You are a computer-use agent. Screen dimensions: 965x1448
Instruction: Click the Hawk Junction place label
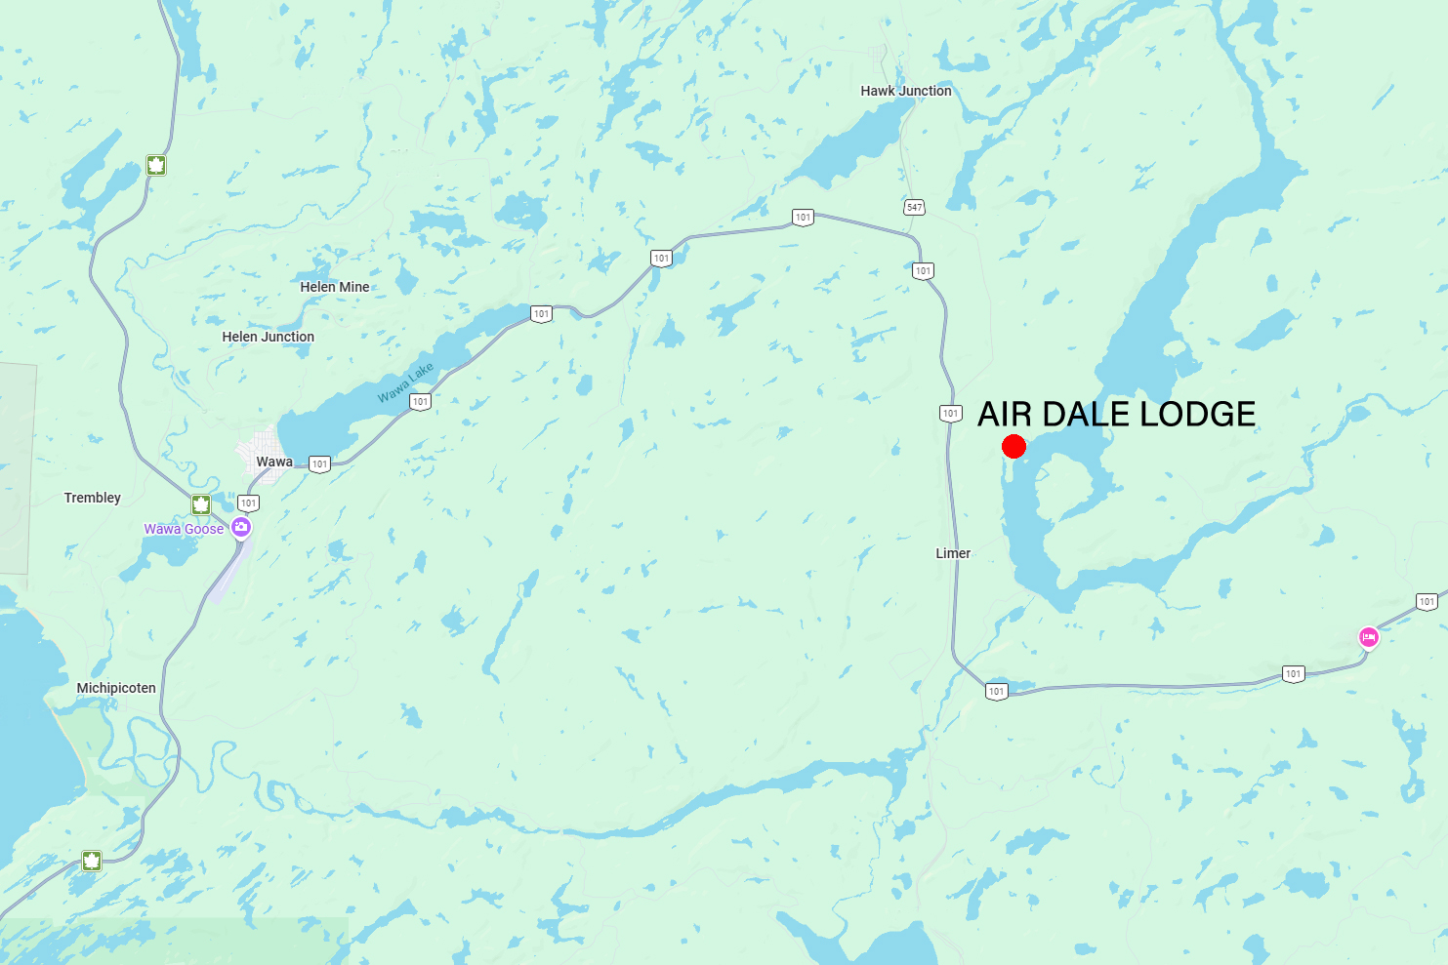[905, 91]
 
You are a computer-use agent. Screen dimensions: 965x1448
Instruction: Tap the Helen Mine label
[335, 287]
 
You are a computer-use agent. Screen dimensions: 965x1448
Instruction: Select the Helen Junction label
[268, 337]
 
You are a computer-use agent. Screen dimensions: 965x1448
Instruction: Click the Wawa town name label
[274, 462]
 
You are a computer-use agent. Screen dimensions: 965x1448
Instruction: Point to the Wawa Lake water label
[405, 382]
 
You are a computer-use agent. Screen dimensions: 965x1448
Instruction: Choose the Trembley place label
[93, 498]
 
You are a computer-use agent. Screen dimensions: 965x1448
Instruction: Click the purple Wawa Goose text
[184, 529]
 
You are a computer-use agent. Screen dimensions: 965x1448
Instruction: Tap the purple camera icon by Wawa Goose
[241, 528]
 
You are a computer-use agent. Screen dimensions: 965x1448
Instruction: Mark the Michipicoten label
[116, 688]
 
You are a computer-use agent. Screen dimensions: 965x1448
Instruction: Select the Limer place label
[953, 553]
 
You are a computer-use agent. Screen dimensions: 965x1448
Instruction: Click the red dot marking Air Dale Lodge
[1014, 447]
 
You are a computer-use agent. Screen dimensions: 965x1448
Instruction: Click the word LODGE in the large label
[1197, 414]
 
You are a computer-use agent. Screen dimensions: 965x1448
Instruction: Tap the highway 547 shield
[914, 207]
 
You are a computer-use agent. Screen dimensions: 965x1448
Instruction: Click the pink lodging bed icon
[1369, 638]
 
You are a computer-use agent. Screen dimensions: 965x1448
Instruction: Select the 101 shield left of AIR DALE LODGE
[950, 414]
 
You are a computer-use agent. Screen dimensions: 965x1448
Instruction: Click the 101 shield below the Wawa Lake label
[420, 401]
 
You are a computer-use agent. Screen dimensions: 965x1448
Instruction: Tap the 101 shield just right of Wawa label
[319, 464]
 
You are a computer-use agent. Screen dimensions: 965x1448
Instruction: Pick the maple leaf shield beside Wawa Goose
[201, 504]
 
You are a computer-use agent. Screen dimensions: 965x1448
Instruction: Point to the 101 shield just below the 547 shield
[923, 271]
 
